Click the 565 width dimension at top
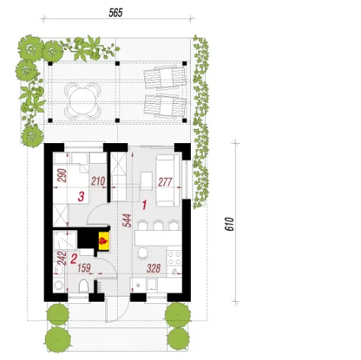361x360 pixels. tap(116, 13)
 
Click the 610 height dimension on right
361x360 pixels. tap(229, 224)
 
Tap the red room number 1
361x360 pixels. tap(144, 205)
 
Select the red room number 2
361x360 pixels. tap(74, 259)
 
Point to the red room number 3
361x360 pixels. tap(81, 196)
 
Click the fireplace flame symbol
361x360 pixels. tap(103, 240)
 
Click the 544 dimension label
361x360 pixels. tap(127, 221)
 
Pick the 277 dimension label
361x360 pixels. tap(165, 182)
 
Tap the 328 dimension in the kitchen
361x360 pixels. tap(153, 269)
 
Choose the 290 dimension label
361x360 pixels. tap(62, 175)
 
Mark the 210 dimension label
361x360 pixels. tap(98, 181)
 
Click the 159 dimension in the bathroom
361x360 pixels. tap(84, 268)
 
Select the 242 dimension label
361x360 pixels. tap(62, 257)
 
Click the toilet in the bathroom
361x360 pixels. tap(84, 286)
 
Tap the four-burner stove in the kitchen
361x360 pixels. tap(175, 257)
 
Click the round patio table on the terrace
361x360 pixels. tap(83, 100)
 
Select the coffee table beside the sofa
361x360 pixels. tap(146, 181)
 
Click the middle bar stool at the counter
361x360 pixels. tap(158, 225)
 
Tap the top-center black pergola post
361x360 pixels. tap(117, 63)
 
